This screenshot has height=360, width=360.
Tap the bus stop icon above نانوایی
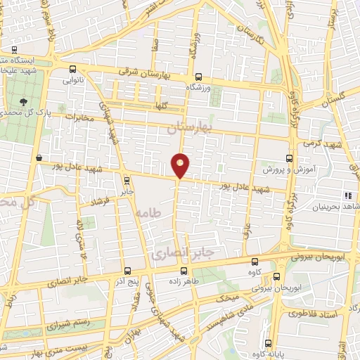(73, 70)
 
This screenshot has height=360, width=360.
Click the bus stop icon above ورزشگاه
(198, 77)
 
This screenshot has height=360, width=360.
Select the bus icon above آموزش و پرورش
(289, 159)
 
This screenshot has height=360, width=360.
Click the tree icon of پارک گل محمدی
(25, 101)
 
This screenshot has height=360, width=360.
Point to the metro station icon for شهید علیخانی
(15, 51)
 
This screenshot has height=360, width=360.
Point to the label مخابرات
(79, 116)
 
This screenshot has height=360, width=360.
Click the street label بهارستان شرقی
(152, 73)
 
